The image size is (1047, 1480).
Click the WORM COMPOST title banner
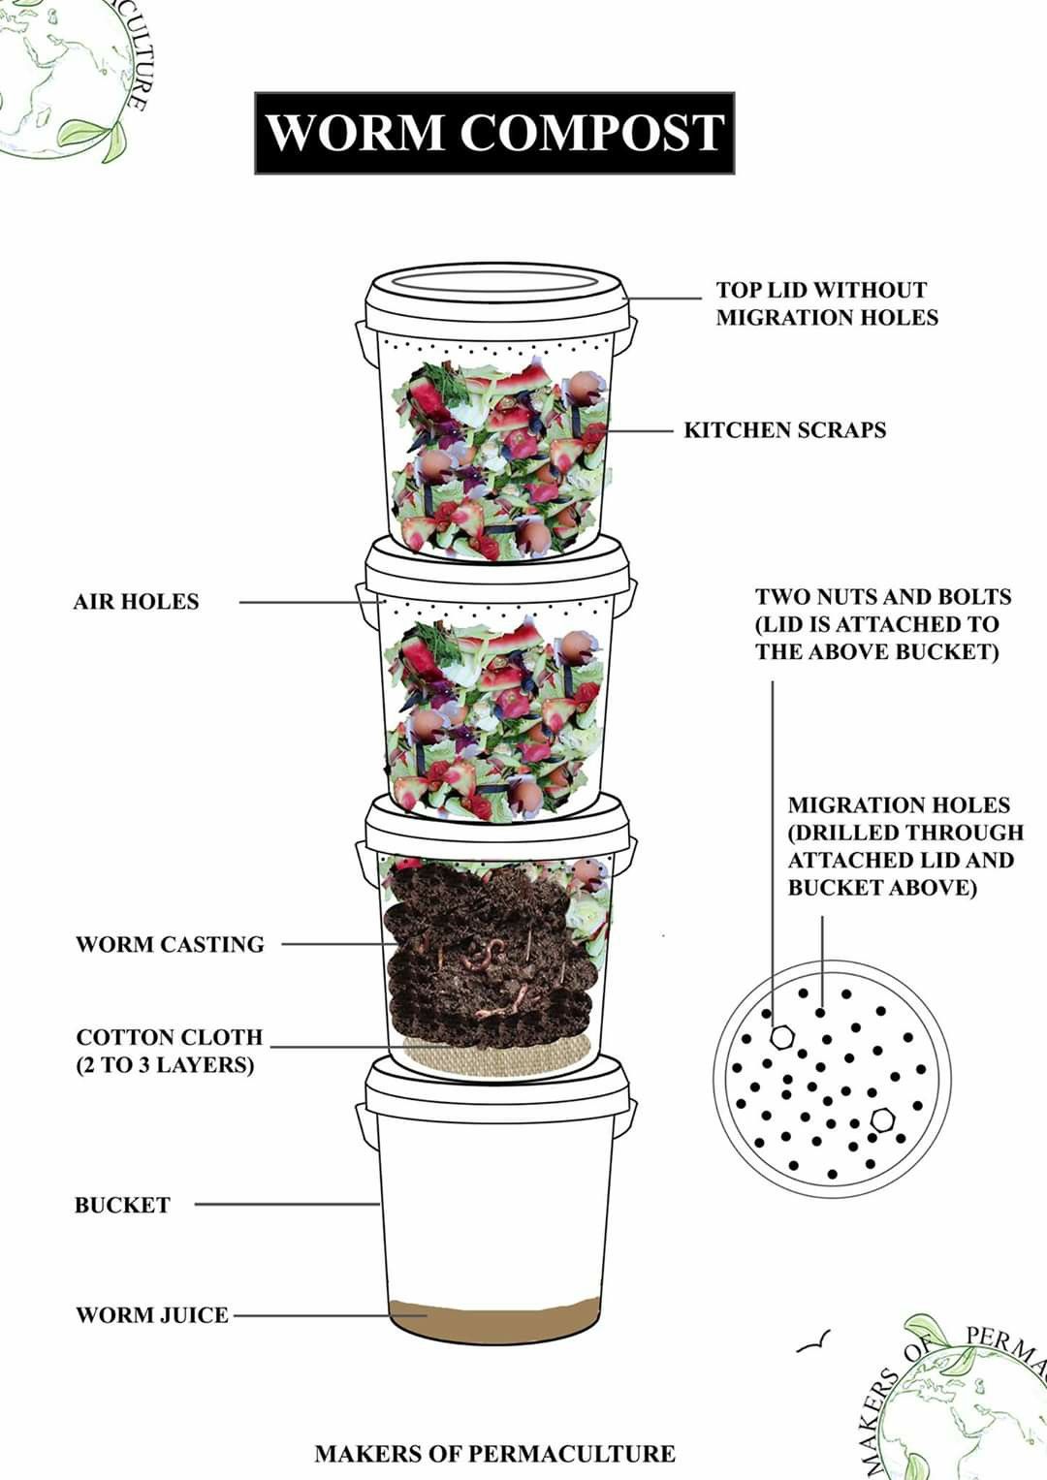click(x=494, y=133)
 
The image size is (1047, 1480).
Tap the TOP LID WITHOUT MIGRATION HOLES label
click(x=827, y=303)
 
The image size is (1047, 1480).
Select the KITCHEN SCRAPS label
click(x=784, y=430)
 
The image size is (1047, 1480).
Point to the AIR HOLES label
click(x=136, y=602)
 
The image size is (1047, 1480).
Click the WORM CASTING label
click(x=170, y=944)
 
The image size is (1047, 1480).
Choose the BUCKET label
click(x=122, y=1205)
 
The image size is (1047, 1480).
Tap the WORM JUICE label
click(x=152, y=1315)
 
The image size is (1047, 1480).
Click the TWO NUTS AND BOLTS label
click(x=883, y=624)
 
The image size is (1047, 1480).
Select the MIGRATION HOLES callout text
click(x=905, y=846)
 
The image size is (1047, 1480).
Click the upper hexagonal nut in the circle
click(x=782, y=1036)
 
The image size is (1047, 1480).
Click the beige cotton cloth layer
click(x=497, y=1055)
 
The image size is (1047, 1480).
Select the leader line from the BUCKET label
click(x=287, y=1204)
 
